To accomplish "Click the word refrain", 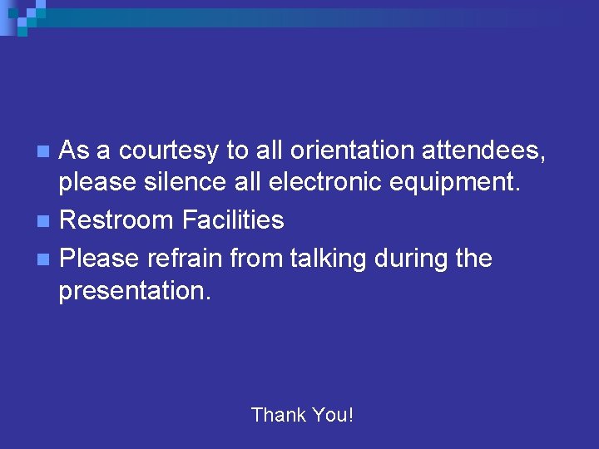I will (186, 259).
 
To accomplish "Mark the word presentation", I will (135, 291).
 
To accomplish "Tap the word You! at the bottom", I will (332, 414).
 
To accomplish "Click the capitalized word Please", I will (100, 259).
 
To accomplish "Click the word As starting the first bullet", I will (75, 150).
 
